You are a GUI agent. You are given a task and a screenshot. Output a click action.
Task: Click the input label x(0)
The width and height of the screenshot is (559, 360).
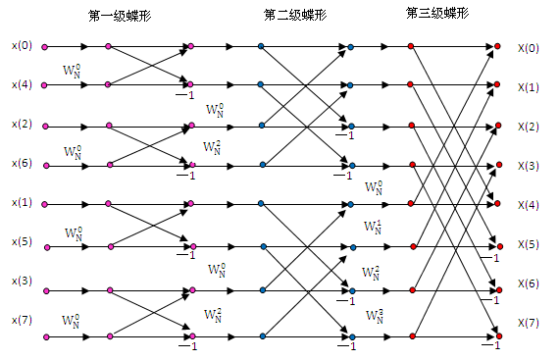22,46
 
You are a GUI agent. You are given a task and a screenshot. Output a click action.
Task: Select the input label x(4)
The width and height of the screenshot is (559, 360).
22,84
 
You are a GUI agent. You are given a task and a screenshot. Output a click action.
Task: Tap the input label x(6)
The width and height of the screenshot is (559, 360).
22,163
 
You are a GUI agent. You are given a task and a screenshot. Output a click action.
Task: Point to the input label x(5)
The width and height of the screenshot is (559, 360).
22,241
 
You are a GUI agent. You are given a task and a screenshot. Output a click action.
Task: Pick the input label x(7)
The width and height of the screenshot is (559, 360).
22,320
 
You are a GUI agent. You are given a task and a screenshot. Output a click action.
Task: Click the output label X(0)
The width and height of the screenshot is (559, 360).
529,48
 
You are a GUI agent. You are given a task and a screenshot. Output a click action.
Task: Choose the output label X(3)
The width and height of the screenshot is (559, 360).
529,166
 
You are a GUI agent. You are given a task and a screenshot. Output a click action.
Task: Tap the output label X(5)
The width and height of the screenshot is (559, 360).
529,244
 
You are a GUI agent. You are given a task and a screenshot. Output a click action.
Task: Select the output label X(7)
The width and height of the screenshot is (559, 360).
529,323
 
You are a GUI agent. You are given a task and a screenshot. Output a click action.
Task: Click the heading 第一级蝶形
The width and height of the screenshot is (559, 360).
120,16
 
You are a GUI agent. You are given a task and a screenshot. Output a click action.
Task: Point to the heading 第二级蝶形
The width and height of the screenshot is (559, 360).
295,15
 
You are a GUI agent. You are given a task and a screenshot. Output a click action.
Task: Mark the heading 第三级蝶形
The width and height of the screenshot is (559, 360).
437,13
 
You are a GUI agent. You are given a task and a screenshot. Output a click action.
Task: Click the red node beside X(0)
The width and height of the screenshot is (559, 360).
497,46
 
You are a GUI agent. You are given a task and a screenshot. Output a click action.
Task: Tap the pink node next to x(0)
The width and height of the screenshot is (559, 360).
44,47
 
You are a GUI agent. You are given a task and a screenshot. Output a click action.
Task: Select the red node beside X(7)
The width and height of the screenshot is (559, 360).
499,336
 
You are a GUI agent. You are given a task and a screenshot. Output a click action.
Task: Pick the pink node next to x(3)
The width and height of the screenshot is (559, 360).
46,291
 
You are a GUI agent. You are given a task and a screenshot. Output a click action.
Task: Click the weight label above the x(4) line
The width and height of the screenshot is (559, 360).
72,71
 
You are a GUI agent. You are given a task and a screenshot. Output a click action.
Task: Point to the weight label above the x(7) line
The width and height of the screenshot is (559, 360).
71,321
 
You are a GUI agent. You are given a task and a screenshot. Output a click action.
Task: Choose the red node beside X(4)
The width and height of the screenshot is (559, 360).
497,203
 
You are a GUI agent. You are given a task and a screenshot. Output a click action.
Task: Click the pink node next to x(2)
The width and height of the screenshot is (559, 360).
45,127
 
